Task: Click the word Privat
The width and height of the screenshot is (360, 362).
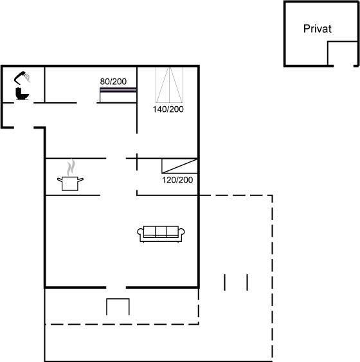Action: click(318, 29)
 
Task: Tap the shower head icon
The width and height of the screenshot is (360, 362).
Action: click(22, 77)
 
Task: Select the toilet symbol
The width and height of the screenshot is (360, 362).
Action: click(22, 93)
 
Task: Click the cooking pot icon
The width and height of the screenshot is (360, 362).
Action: click(70, 183)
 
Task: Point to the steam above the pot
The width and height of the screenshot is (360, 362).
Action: click(71, 167)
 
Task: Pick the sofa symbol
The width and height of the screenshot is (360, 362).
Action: click(161, 234)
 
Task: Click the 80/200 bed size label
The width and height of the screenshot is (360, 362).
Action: click(113, 81)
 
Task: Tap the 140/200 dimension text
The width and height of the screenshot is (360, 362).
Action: click(168, 109)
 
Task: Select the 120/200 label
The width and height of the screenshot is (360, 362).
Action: click(177, 180)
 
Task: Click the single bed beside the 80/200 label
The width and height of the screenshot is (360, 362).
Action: click(118, 95)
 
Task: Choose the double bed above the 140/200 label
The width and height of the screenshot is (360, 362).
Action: click(169, 84)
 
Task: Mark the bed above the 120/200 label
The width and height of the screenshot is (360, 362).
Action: click(179, 166)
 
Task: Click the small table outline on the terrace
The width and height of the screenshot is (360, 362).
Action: click(118, 299)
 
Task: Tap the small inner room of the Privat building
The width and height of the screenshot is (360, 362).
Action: click(342, 53)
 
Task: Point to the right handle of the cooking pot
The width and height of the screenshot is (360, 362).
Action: click(80, 179)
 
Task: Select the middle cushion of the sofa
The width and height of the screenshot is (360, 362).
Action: click(161, 231)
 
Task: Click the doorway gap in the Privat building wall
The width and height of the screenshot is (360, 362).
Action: click(343, 66)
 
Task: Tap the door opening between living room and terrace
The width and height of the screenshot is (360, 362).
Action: click(116, 287)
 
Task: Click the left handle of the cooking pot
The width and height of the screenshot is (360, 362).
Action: click(60, 179)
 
